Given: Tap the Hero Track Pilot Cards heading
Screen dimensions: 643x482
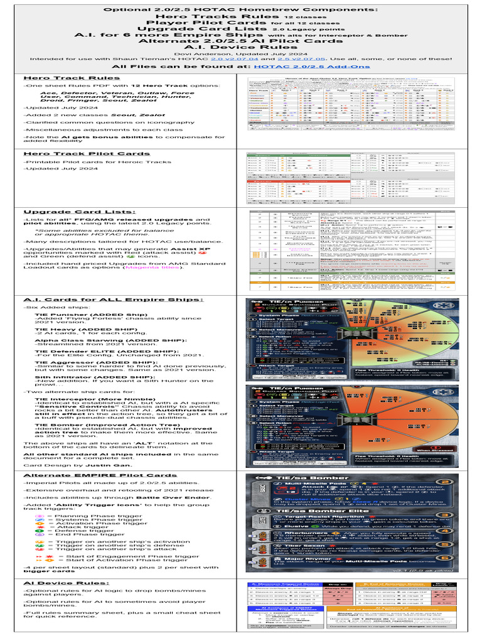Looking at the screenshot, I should click(86, 153).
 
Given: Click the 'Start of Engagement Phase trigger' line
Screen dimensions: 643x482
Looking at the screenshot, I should click(117, 556).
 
